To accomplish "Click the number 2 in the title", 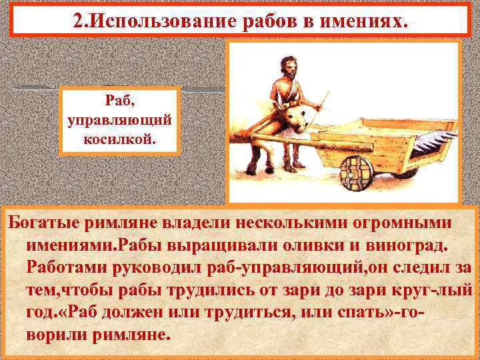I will click(x=78, y=21).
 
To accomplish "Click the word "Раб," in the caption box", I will click(x=120, y=101).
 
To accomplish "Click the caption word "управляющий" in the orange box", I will click(x=120, y=120).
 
